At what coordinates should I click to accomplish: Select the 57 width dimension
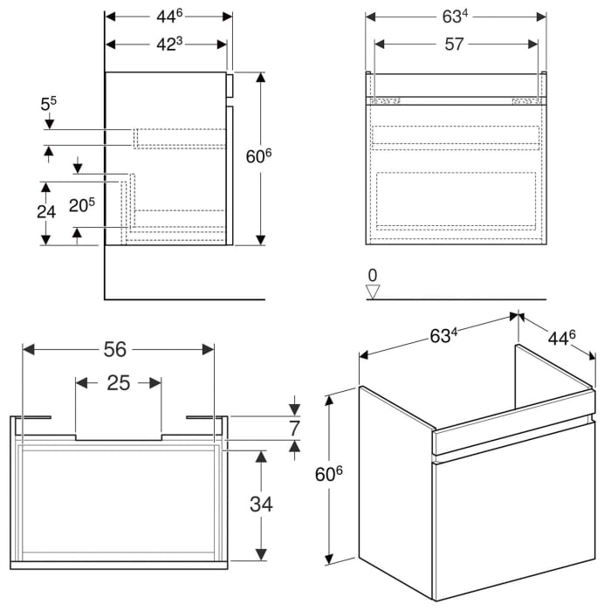(453, 45)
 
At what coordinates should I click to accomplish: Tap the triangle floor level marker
(374, 292)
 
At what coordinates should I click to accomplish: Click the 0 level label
(373, 276)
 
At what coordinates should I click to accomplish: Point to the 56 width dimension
(115, 349)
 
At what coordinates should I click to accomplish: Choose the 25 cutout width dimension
(119, 381)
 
